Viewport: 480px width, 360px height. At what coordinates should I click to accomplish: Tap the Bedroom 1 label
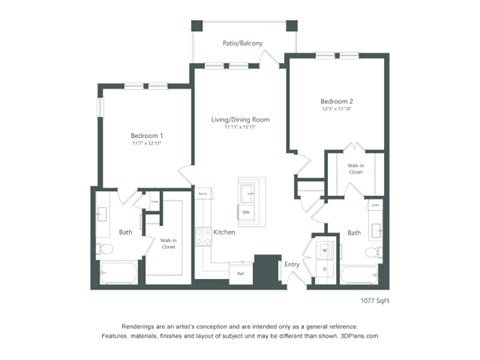147,135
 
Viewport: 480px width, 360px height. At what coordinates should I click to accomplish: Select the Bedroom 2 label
337,102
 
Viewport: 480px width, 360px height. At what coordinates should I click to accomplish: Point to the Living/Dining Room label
240,121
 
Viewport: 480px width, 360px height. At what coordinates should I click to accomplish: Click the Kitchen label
224,232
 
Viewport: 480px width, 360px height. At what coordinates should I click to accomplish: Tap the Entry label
292,264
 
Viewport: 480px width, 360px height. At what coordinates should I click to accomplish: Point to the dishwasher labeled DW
245,212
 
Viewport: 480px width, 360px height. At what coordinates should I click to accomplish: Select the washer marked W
325,249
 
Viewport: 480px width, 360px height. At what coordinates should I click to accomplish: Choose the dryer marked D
325,268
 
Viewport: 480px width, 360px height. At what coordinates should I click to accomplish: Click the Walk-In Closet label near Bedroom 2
356,170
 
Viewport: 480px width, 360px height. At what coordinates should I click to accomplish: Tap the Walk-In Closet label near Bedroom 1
168,243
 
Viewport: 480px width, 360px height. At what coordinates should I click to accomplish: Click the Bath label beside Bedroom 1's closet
126,232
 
